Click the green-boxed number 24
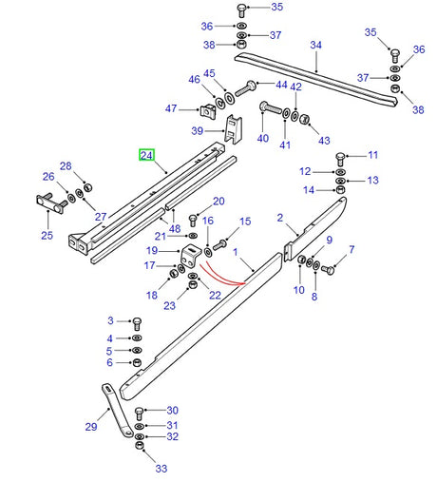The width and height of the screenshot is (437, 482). [147, 155]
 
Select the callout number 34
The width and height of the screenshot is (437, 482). [316, 45]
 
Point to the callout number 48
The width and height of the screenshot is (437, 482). [175, 228]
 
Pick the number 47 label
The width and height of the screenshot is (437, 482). [170, 108]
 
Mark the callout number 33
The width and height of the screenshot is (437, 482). [161, 469]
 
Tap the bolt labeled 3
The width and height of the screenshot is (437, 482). [135, 323]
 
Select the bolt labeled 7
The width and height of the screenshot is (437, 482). [329, 271]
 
